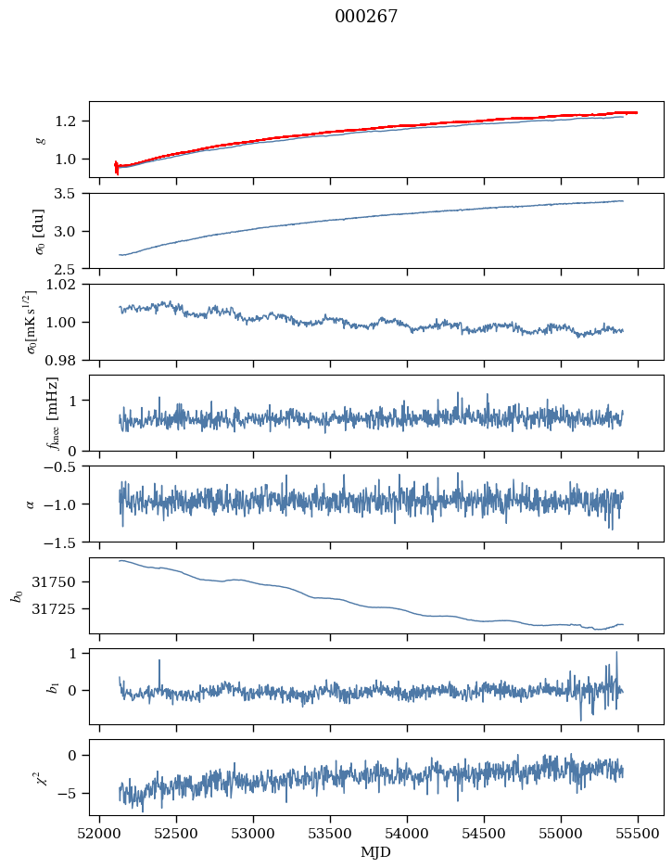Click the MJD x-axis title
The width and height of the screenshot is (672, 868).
pos(376,852)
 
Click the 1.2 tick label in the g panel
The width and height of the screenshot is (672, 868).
pos(70,121)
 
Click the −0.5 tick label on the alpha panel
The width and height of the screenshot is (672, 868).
pos(63,466)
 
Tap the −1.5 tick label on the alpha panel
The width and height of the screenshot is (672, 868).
pos(63,542)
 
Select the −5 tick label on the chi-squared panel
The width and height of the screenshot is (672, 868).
pos(70,794)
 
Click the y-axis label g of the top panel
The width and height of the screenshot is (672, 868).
pos(39,139)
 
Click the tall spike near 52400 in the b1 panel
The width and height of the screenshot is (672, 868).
pos(159,661)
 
